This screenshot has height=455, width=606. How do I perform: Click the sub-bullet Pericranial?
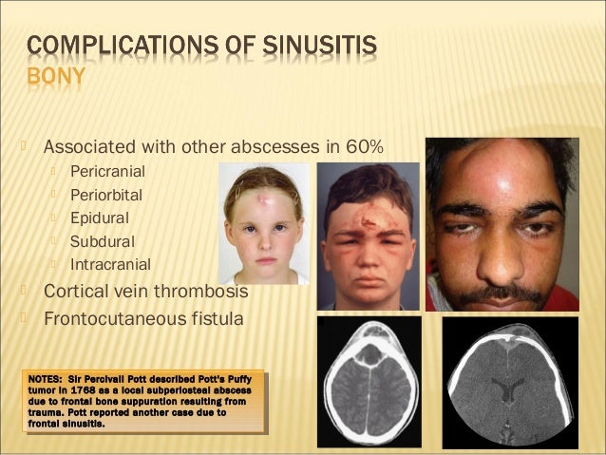point(107,173)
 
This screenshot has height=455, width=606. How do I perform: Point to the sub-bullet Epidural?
point(100,218)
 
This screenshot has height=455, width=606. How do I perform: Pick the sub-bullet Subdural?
point(102,241)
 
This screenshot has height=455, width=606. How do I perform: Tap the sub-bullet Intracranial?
point(109,264)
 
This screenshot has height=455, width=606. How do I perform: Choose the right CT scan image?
point(510,381)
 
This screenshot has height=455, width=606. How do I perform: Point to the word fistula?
point(218,317)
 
